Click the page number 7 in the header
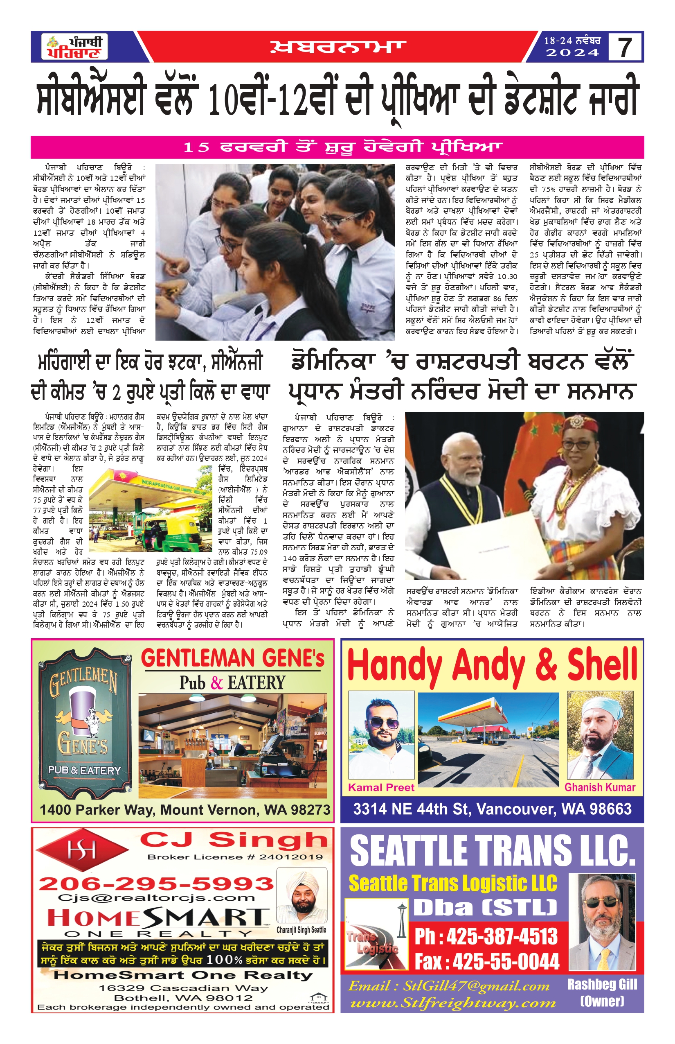pyautogui.click(x=625, y=47)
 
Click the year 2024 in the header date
pyautogui.click(x=572, y=53)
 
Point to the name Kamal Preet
pyautogui.click(x=381, y=787)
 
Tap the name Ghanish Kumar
pyautogui.click(x=600, y=787)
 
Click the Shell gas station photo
pyautogui.click(x=488, y=739)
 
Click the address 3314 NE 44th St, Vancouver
pyautogui.click(x=492, y=809)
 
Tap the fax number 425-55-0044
pyautogui.click(x=487, y=962)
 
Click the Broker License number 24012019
pyautogui.click(x=235, y=856)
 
